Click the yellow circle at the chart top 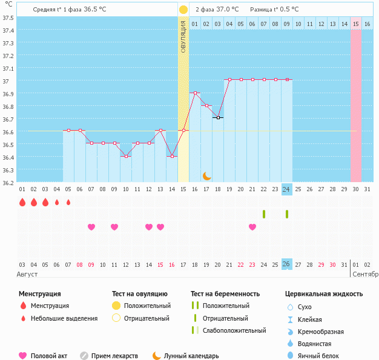point(183,10)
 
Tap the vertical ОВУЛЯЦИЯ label point(183,36)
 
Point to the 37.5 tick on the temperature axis point(8,18)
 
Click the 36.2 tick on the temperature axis point(8,183)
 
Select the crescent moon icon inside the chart point(206,175)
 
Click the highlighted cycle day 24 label point(286,189)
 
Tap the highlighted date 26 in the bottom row point(286,264)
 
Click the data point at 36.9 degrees point(195,93)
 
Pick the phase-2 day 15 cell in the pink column point(356,24)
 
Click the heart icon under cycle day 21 point(252,227)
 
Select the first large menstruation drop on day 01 point(22,202)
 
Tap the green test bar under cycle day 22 point(264,214)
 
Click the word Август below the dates point(27,274)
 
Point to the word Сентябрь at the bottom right point(364,274)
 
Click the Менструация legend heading point(39,294)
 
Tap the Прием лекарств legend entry point(114,356)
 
